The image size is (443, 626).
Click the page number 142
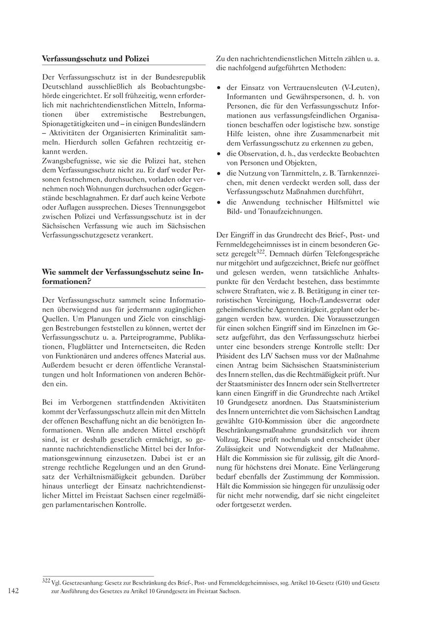[x=13, y=591]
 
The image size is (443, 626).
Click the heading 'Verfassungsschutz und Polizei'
[x=95, y=59]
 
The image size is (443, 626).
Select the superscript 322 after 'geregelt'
[x=260, y=251]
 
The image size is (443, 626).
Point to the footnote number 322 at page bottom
[x=46, y=581]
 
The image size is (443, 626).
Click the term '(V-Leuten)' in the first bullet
[x=361, y=88]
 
